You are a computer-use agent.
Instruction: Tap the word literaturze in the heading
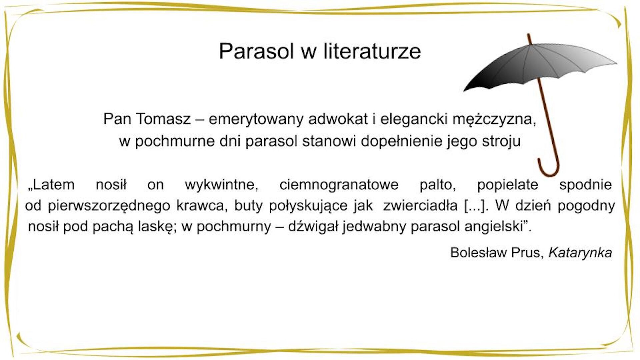pyautogui.click(x=372, y=51)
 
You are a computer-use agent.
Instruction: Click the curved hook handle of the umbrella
pyautogui.click(x=549, y=168)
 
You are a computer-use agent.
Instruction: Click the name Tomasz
pyautogui.click(x=163, y=119)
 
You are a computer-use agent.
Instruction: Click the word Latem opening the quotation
pyautogui.click(x=52, y=185)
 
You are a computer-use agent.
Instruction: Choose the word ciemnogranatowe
pyautogui.click(x=339, y=185)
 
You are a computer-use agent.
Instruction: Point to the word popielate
pyautogui.click(x=507, y=185)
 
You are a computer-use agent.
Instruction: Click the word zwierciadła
pyautogui.click(x=420, y=206)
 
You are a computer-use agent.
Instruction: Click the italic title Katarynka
pyautogui.click(x=580, y=253)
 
